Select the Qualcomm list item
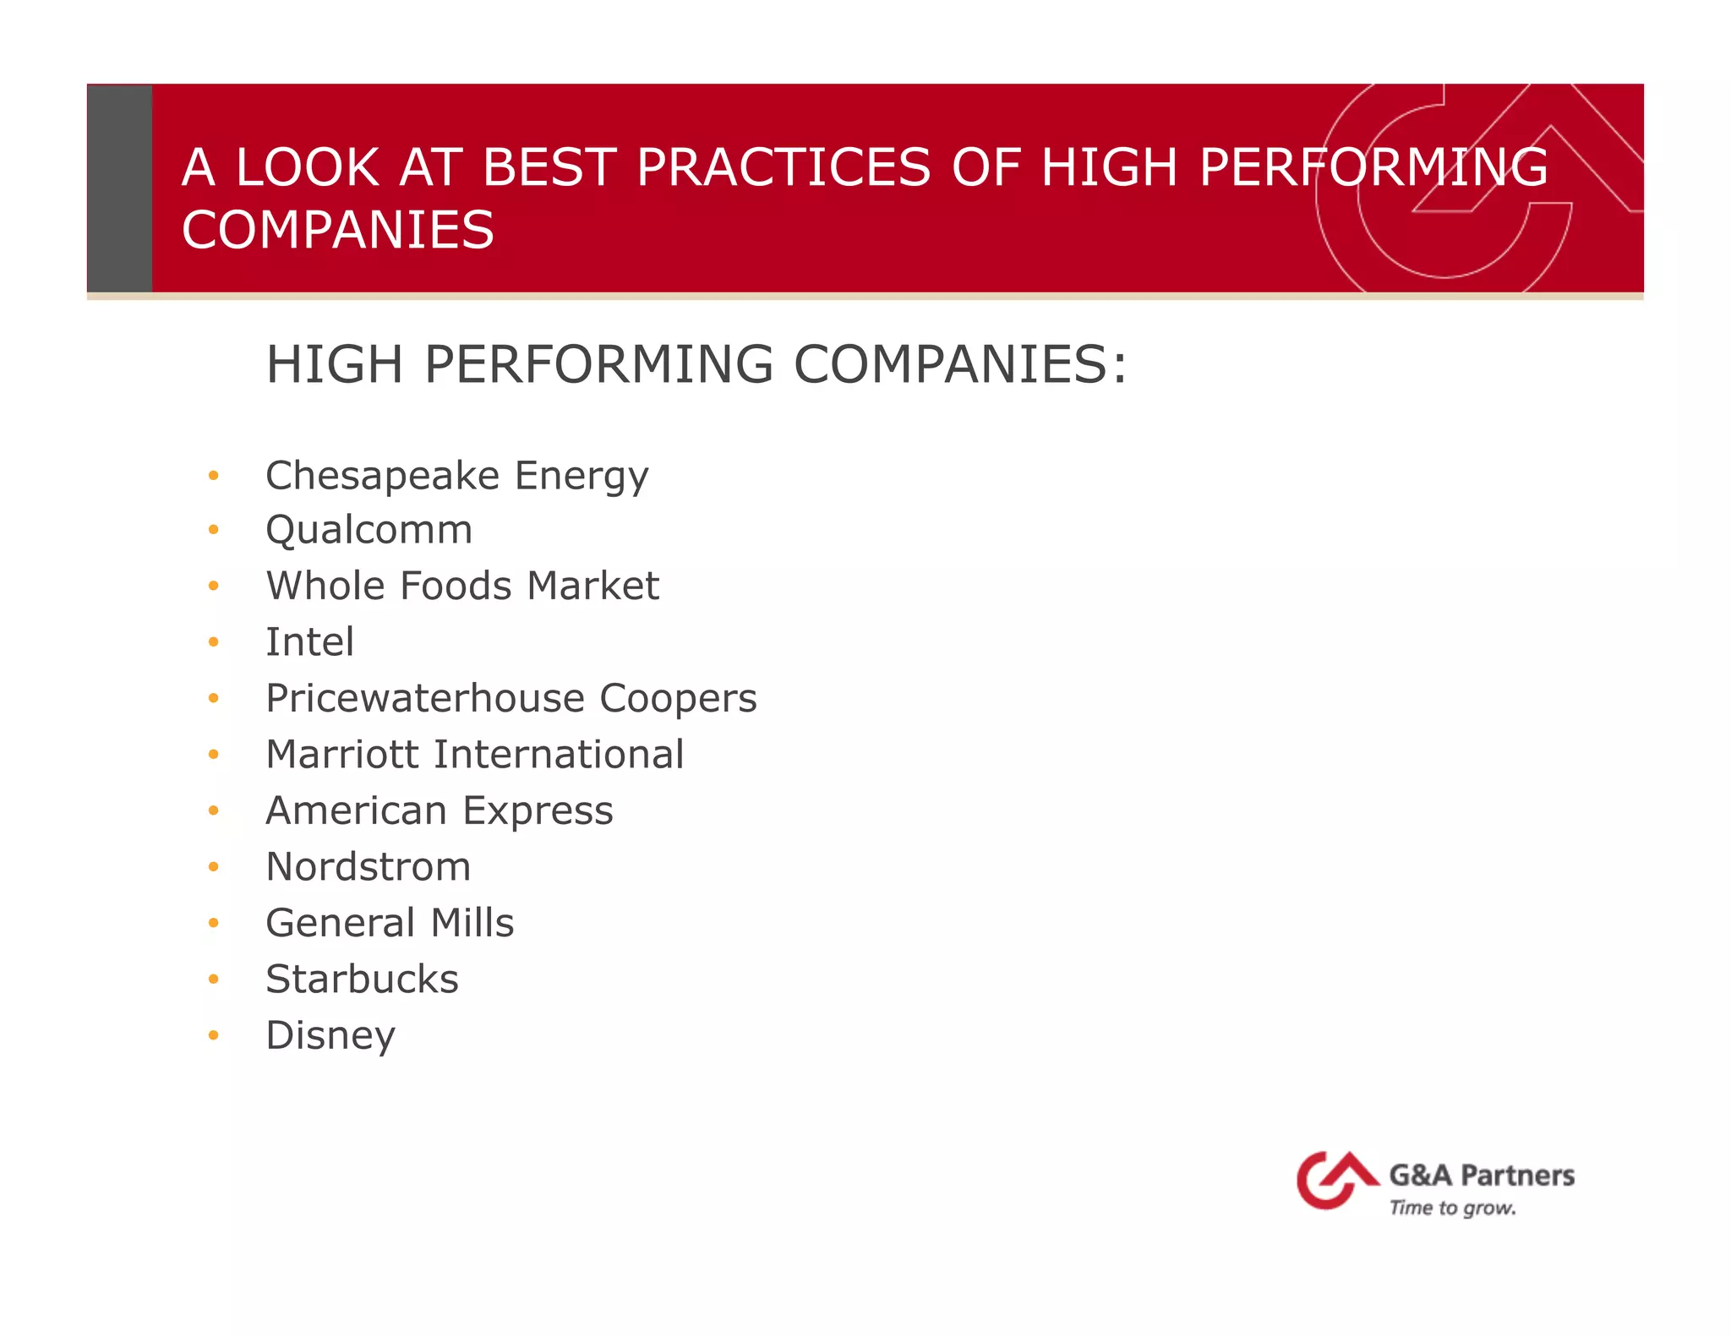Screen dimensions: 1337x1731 pyautogui.click(x=369, y=531)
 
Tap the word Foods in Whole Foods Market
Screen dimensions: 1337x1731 pyautogui.click(x=456, y=587)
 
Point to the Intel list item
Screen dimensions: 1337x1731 pyautogui.click(x=309, y=642)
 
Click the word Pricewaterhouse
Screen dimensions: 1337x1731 pyautogui.click(x=425, y=699)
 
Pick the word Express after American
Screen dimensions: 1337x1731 pyautogui.click(x=538, y=811)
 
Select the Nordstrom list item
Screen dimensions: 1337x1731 pyautogui.click(x=368, y=867)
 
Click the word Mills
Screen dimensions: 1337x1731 pyautogui.click(x=472, y=923)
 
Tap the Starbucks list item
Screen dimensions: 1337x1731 pyautogui.click(x=362, y=980)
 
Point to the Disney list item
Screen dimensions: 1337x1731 pyautogui.click(x=330, y=1036)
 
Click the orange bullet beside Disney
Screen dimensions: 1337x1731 pyautogui.click(x=214, y=1035)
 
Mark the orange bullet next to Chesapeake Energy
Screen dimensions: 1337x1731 pyautogui.click(x=214, y=476)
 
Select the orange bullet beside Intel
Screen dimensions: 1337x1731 pyautogui.click(x=214, y=642)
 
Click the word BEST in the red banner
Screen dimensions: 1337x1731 pyautogui.click(x=548, y=167)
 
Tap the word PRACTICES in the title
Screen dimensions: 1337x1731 pyautogui.click(x=784, y=167)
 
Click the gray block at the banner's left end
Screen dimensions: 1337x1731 pyautogui.click(x=119, y=188)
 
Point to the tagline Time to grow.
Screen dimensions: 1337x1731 pyautogui.click(x=1452, y=1209)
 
